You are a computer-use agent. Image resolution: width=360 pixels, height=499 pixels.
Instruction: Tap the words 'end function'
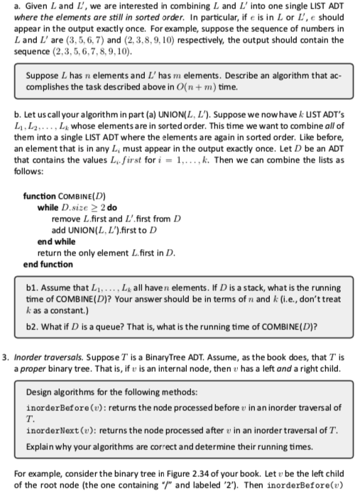pyautogui.click(x=48, y=264)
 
